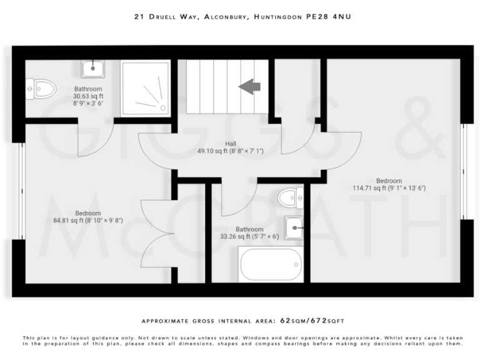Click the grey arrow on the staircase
coord(250,86)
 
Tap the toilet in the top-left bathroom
coord(41,89)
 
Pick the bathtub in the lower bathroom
coord(271,264)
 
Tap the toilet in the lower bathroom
coord(291,197)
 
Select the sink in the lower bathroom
coord(294,228)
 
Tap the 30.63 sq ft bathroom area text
coord(87,97)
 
